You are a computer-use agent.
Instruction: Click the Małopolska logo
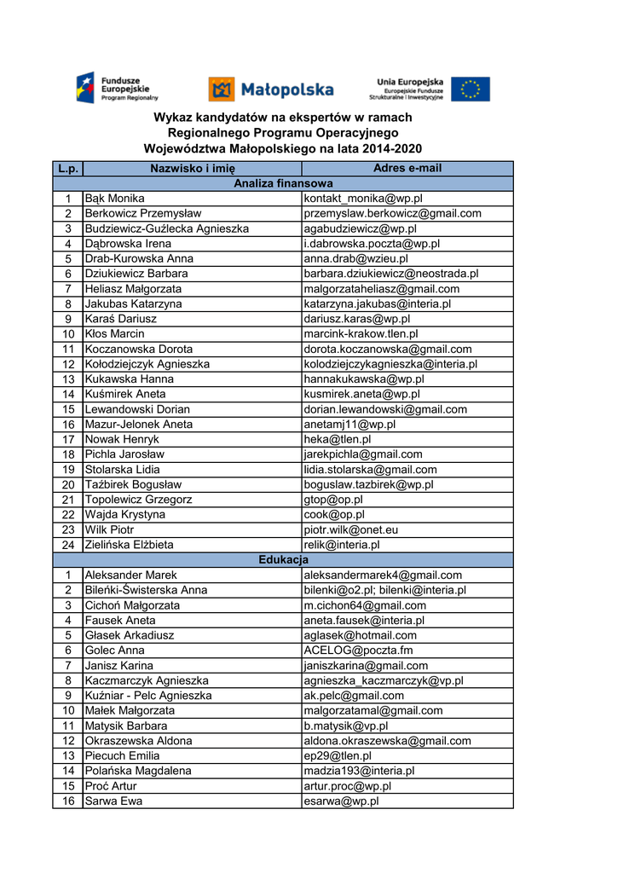(271, 89)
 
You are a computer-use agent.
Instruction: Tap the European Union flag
(471, 89)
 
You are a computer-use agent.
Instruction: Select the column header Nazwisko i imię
(193, 168)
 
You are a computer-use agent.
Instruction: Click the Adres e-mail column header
(407, 168)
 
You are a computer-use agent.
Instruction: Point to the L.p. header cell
(68, 168)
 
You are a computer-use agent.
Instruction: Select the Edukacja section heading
(283, 559)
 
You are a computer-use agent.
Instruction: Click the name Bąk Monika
(114, 199)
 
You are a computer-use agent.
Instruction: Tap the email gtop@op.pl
(333, 500)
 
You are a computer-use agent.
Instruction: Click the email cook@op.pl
(334, 514)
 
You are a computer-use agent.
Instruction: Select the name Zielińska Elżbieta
(129, 544)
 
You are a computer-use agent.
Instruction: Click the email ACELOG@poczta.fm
(358, 650)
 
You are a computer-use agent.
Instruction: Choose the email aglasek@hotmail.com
(361, 635)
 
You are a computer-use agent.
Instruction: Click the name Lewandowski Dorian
(137, 409)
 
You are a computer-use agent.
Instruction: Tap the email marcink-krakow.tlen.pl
(361, 333)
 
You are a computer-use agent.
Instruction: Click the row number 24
(68, 544)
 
